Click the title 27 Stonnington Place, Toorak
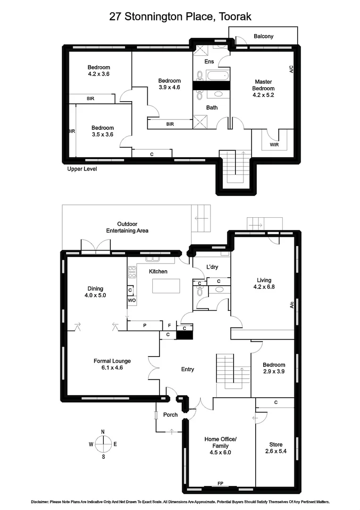tap(180, 17)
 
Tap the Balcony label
tap(263, 36)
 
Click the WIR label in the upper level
tap(274, 144)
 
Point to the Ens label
tap(209, 62)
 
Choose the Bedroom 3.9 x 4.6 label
tap(169, 84)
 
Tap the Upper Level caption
tap(83, 169)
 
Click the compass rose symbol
tap(103, 444)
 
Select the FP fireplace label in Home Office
tap(220, 484)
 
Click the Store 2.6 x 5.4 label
tap(276, 448)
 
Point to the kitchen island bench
tap(165, 286)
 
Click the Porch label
tap(170, 415)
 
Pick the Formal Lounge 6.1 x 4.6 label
tap(112, 364)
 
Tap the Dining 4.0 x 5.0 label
tap(95, 292)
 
